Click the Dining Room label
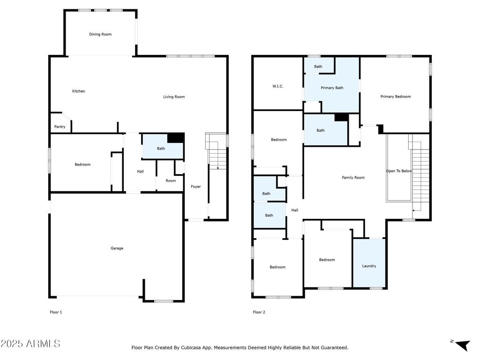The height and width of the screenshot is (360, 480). click(x=100, y=34)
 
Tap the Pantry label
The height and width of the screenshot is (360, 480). click(x=60, y=127)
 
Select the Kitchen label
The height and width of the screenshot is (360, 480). click(x=79, y=91)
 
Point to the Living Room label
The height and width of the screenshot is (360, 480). click(x=174, y=97)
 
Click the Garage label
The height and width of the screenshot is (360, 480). click(x=117, y=248)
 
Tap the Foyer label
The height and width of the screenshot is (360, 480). click(x=196, y=187)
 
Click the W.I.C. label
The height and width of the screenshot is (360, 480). click(x=278, y=86)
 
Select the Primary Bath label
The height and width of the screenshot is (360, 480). click(x=332, y=88)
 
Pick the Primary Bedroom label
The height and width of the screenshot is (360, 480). click(x=396, y=97)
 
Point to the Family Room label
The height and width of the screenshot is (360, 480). click(x=353, y=178)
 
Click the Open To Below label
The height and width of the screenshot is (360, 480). click(x=399, y=171)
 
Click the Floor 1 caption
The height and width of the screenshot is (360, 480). click(x=56, y=312)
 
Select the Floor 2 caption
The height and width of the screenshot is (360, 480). click(x=259, y=312)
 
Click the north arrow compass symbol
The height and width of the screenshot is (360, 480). click(x=462, y=345)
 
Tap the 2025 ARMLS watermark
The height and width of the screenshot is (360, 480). click(x=30, y=344)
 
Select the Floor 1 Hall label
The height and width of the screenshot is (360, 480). click(x=141, y=172)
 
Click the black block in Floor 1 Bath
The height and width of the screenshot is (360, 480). click(x=176, y=138)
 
